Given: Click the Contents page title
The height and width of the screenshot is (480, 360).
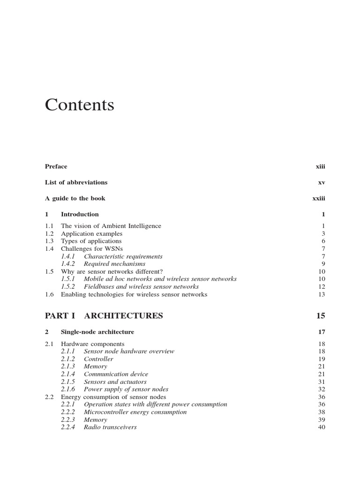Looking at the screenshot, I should (x=80, y=105).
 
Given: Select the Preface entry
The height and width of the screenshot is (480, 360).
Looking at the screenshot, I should (x=56, y=166).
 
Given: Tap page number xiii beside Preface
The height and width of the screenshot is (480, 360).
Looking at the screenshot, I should (x=320, y=166).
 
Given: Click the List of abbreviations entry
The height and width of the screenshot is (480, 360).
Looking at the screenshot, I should (x=76, y=182).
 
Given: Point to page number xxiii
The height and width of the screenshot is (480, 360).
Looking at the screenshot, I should (x=319, y=198).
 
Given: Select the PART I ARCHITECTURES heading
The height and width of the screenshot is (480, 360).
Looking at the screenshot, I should (x=104, y=315).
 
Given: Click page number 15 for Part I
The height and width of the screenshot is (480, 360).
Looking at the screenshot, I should (x=321, y=315).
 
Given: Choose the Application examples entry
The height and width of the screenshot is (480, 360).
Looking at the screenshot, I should (x=92, y=233).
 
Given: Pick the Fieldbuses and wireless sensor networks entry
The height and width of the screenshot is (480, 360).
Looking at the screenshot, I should (x=141, y=286).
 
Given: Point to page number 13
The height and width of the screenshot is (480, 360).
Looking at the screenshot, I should (x=322, y=294).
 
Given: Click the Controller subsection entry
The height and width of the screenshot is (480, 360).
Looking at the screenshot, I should (x=98, y=359).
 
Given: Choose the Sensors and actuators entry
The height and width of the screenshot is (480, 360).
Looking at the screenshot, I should (x=115, y=382).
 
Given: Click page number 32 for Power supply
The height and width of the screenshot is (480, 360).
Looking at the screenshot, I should (x=322, y=389).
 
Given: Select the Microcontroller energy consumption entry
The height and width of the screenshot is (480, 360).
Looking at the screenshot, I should (x=135, y=412).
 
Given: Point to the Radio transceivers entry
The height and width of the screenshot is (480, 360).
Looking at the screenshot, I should (x=110, y=427).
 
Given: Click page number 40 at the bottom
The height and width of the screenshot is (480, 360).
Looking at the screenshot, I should (x=322, y=427).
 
